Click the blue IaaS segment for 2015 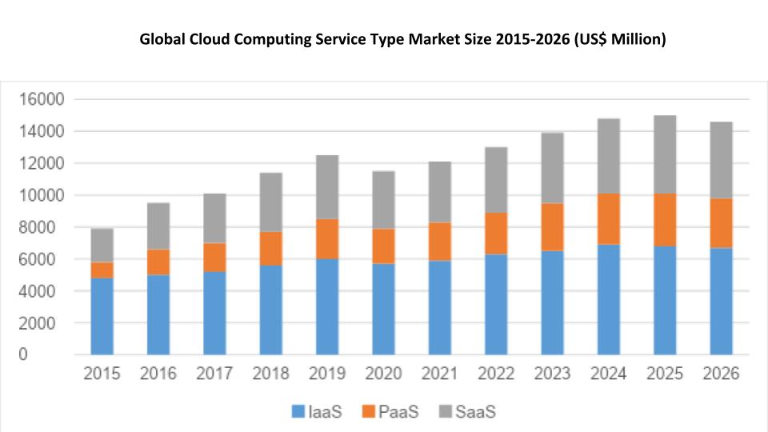click(x=102, y=316)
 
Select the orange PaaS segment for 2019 click(x=326, y=238)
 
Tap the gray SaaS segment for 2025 click(x=665, y=154)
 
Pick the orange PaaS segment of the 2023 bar click(x=552, y=226)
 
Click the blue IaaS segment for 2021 click(x=439, y=307)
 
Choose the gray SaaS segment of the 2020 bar click(x=383, y=200)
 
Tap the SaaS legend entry click(x=466, y=412)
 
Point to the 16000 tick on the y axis click(x=41, y=99)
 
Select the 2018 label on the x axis click(x=270, y=374)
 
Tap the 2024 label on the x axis click(x=609, y=374)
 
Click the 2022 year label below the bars click(x=496, y=374)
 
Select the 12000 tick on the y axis click(x=41, y=163)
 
